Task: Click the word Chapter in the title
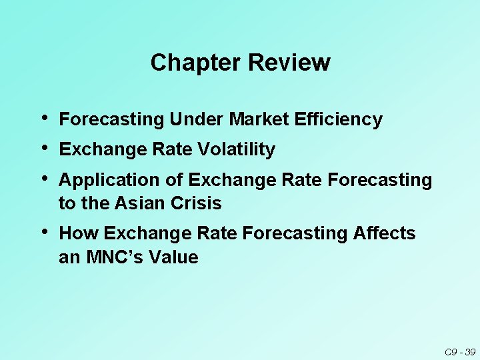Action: pyautogui.click(x=196, y=63)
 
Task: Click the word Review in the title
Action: pyautogui.click(x=289, y=63)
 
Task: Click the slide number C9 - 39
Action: pyautogui.click(x=459, y=351)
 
